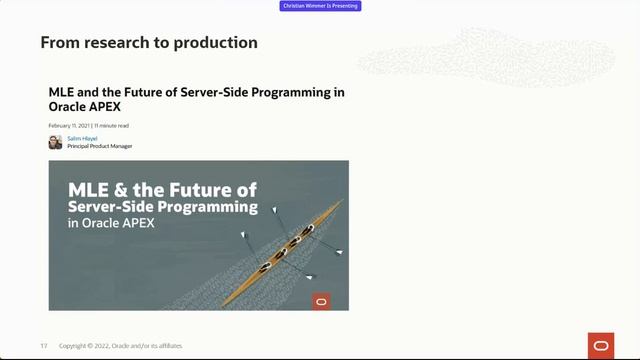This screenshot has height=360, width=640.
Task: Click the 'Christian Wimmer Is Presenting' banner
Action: pos(320,6)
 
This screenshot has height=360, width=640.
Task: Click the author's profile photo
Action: pos(56,142)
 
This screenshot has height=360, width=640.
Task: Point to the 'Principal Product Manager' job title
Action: pos(99,146)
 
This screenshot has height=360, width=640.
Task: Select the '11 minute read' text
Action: pos(111,126)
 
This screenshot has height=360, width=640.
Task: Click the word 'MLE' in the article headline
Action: pos(61,92)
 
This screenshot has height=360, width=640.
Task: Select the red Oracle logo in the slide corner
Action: pos(601,345)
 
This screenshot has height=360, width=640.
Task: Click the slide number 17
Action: pos(44,346)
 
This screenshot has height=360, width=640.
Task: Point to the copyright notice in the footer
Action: pos(120,346)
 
